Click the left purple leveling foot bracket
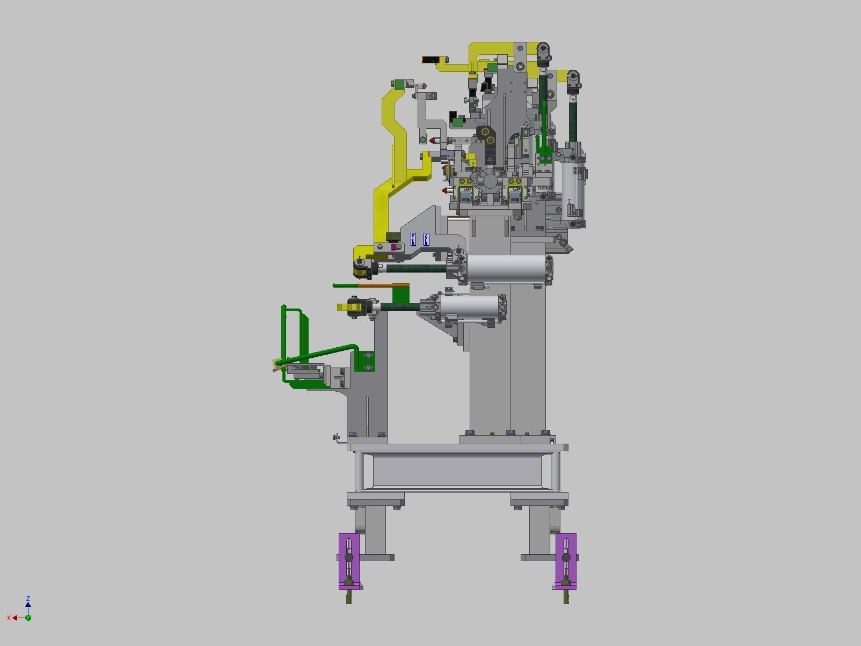[x=349, y=561]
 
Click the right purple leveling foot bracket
[x=566, y=561]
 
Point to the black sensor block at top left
[x=430, y=60]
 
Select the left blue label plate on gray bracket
[x=413, y=239]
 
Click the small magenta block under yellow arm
[x=396, y=247]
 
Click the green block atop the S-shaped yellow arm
[x=398, y=85]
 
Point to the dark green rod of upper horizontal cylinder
[x=416, y=268]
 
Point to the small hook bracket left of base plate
[x=337, y=439]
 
